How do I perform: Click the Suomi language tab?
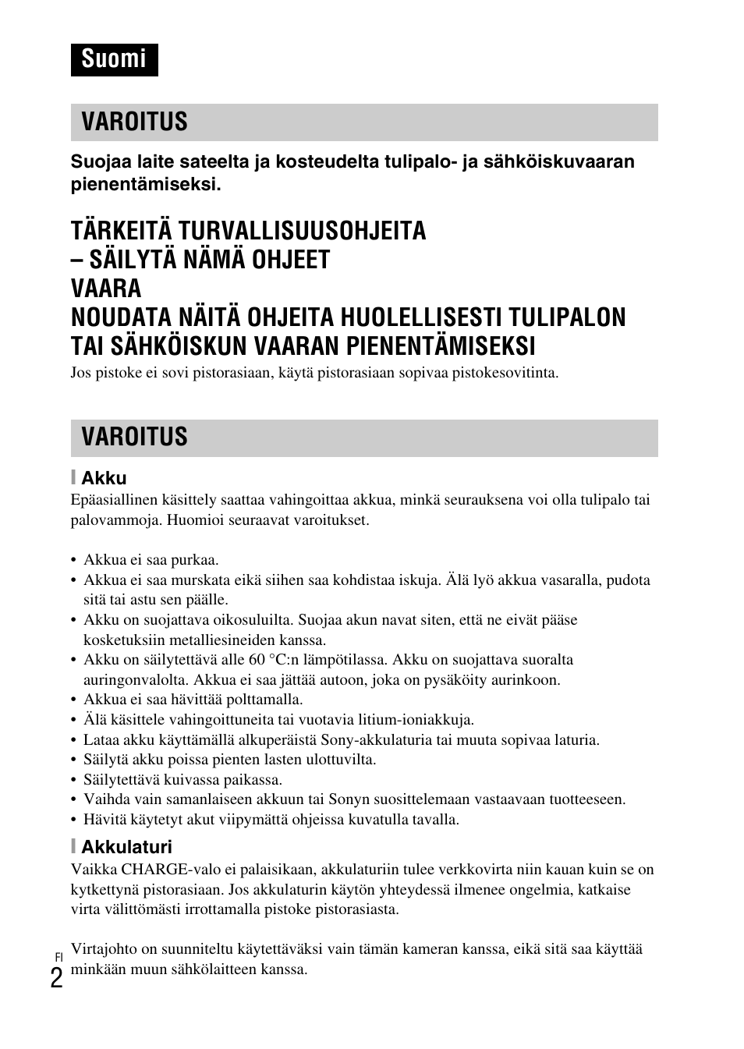click(114, 59)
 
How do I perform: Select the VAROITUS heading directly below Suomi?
click(134, 122)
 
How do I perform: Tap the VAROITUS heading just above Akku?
click(134, 438)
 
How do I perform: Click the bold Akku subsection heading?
click(104, 478)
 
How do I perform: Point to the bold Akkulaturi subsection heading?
click(126, 847)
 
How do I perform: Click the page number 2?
click(57, 978)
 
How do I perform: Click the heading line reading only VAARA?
click(106, 289)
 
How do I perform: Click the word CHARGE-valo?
click(165, 870)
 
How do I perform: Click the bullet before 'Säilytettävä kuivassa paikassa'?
click(74, 780)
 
